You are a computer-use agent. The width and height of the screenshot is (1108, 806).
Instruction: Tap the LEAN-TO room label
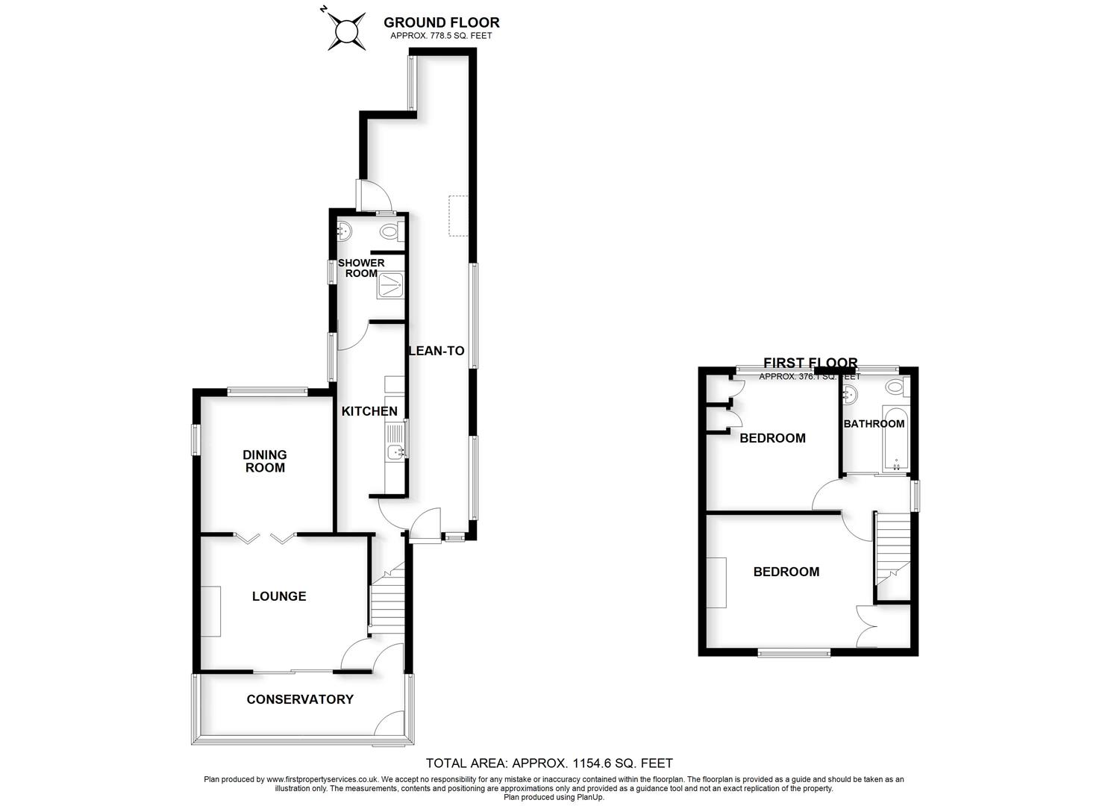[436, 350]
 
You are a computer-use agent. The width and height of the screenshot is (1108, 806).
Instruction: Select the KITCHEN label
[369, 411]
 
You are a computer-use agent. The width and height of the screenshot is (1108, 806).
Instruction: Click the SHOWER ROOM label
[361, 268]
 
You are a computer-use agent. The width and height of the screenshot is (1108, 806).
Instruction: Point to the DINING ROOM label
[265, 461]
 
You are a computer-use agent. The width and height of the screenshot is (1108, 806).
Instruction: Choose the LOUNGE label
[279, 596]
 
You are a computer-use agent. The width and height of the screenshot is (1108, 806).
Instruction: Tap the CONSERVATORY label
[300, 699]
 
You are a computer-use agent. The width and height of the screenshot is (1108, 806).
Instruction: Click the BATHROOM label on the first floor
[874, 424]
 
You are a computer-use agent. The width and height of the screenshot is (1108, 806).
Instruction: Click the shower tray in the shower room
[390, 286]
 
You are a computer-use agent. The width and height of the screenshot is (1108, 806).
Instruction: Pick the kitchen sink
[395, 451]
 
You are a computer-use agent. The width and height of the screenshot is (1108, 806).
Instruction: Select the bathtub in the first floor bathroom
[895, 440]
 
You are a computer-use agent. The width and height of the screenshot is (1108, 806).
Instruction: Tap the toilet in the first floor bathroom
[895, 387]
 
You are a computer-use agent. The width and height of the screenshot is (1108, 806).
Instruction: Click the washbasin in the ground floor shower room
[344, 231]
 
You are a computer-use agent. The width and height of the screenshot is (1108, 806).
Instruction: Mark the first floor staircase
[892, 549]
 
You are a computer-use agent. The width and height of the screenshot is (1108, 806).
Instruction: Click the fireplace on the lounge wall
[210, 611]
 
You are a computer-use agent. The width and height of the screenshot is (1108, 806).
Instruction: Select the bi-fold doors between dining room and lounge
[265, 535]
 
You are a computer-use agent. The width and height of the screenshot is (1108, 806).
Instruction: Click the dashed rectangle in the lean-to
[457, 216]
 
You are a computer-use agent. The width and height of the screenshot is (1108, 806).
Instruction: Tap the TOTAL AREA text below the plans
[549, 763]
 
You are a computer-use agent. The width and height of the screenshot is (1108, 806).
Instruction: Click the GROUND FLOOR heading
[441, 23]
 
